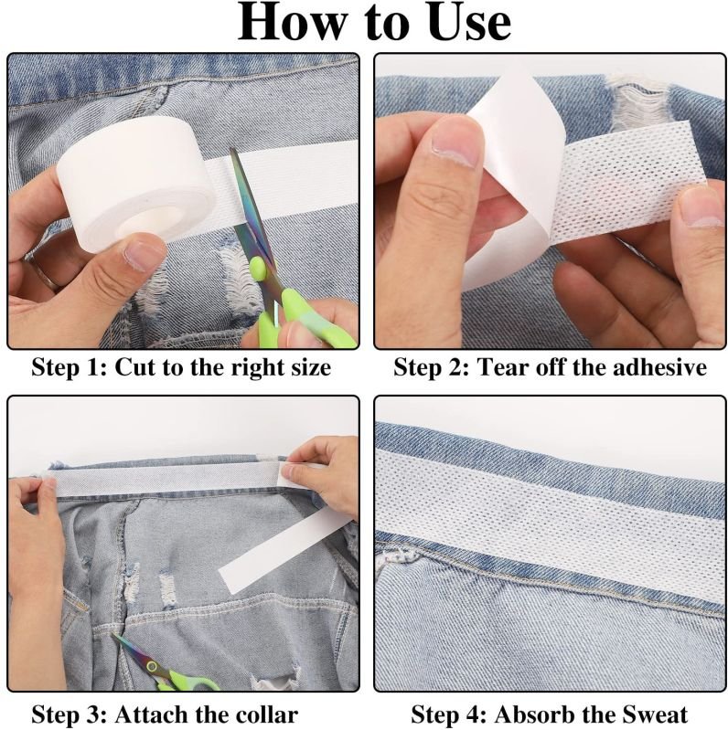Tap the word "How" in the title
coord(293,22)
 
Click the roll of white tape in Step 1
coord(135,184)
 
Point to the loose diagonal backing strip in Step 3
coord(282,549)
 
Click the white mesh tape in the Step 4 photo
coord(550,522)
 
